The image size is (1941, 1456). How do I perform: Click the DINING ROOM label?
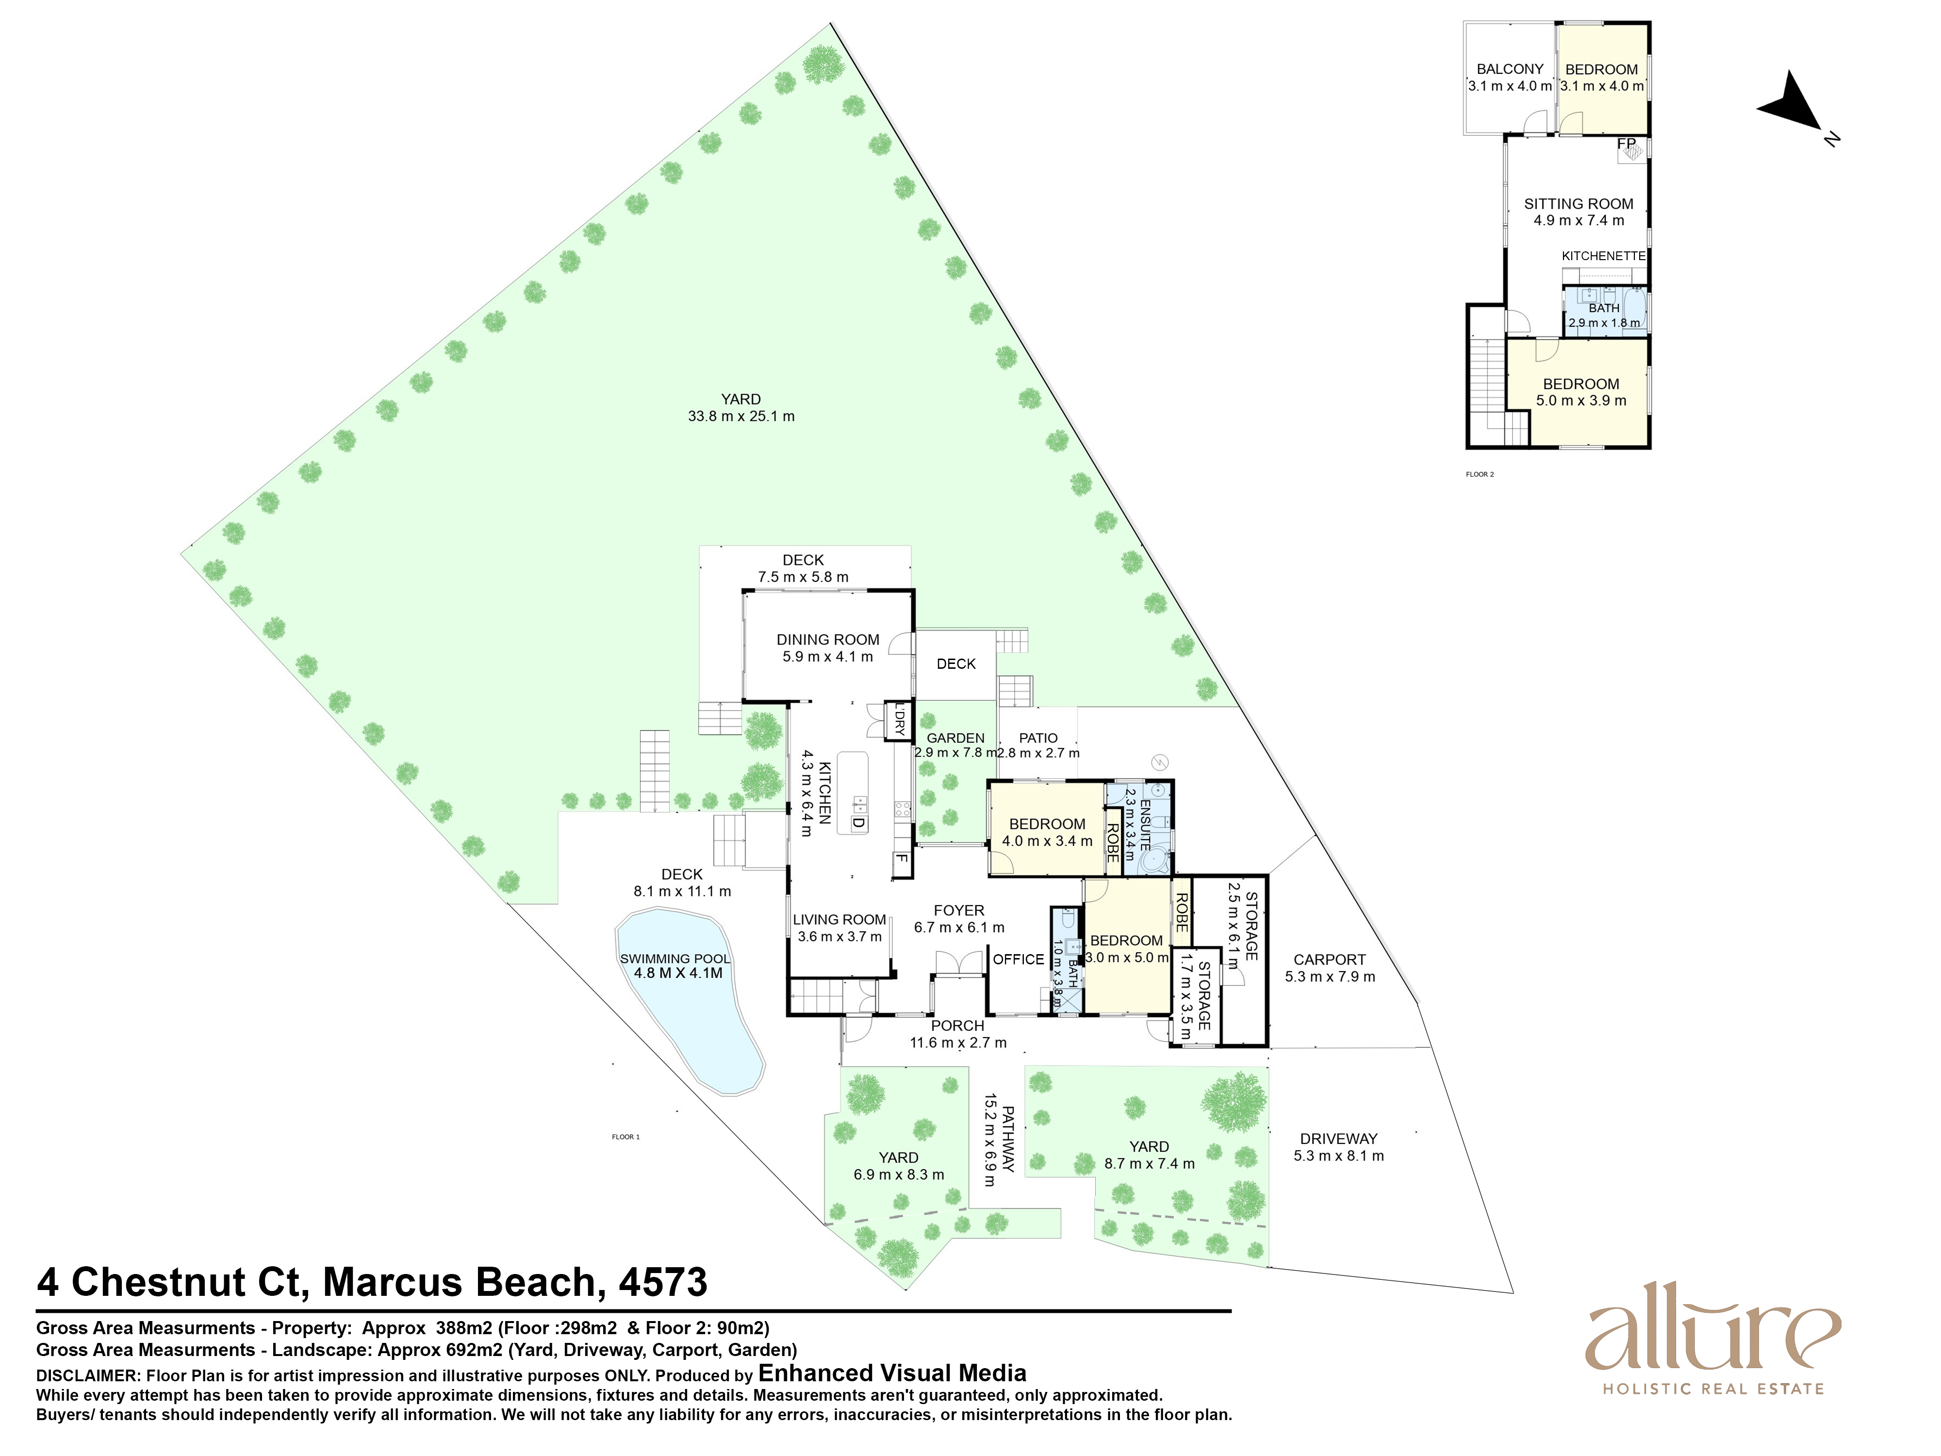coord(827,640)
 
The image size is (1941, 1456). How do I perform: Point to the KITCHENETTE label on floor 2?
coord(1603,256)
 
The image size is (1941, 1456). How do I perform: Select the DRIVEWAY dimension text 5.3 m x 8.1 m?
coord(1338,1156)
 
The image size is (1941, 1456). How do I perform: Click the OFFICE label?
coord(1018,959)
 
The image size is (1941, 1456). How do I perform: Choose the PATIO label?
coord(1038,738)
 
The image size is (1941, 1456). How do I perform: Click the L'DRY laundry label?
coord(899,721)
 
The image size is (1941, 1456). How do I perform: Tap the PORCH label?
coord(957,1025)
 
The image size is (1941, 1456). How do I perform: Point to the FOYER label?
coord(958,910)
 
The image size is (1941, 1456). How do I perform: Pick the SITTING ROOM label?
coord(1579,204)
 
